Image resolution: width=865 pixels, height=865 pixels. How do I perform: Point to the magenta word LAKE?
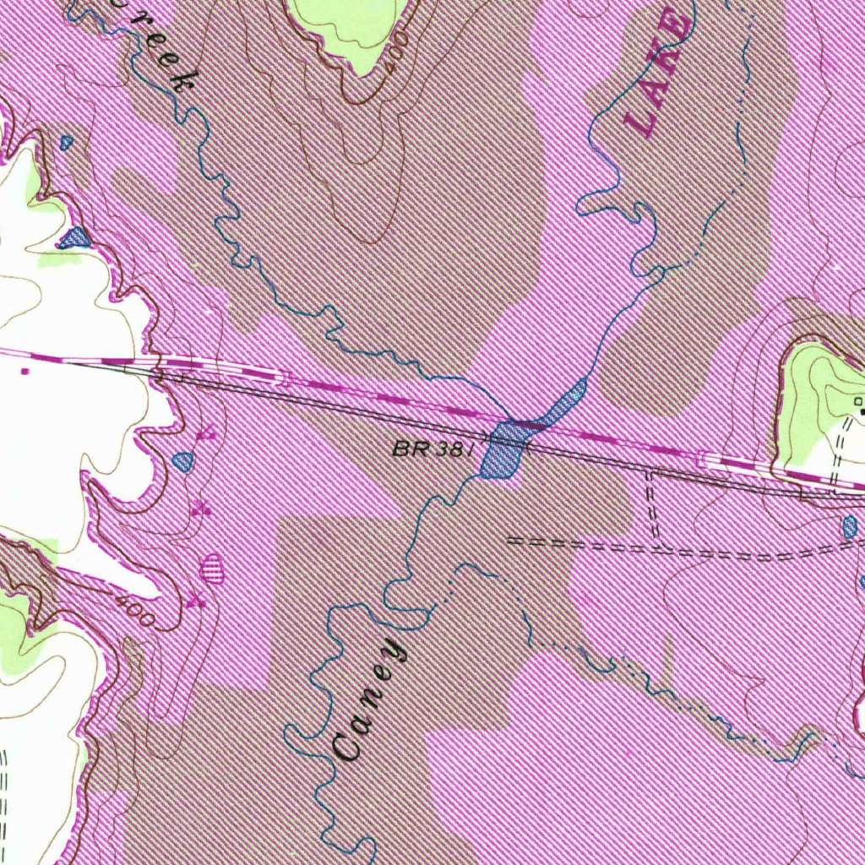(x=660, y=73)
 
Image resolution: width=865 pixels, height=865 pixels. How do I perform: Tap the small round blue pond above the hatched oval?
(x=182, y=461)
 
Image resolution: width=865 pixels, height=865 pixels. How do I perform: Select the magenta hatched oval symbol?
(x=213, y=569)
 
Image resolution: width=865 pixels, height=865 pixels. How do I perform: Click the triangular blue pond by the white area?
(x=75, y=237)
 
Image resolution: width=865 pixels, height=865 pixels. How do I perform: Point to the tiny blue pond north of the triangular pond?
(x=67, y=143)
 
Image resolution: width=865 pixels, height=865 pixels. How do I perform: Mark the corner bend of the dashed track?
(x=655, y=545)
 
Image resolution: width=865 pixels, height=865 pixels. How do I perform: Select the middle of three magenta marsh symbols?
(x=200, y=508)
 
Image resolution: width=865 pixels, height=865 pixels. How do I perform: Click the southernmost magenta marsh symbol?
(x=197, y=600)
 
